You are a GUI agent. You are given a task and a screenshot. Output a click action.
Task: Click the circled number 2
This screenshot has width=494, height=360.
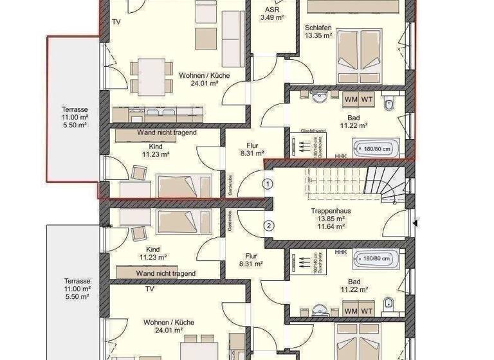click(270, 225)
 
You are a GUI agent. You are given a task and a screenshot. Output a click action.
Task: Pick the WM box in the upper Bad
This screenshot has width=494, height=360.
click(351, 99)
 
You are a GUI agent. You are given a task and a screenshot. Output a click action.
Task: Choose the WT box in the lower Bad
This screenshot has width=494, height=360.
click(367, 312)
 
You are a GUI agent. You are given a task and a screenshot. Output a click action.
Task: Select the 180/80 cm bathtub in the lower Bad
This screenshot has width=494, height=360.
click(374, 259)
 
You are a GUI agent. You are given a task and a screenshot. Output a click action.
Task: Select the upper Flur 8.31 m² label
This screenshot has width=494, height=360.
click(251, 149)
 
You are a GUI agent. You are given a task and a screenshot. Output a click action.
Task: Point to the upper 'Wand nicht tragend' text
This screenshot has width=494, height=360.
click(167, 132)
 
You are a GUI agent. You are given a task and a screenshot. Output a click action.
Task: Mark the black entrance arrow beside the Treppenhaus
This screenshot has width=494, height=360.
click(416, 223)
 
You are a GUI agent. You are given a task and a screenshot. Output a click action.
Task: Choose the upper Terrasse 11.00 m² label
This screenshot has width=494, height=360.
click(75, 113)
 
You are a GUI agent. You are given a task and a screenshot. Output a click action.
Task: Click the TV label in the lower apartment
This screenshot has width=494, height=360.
click(149, 289)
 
